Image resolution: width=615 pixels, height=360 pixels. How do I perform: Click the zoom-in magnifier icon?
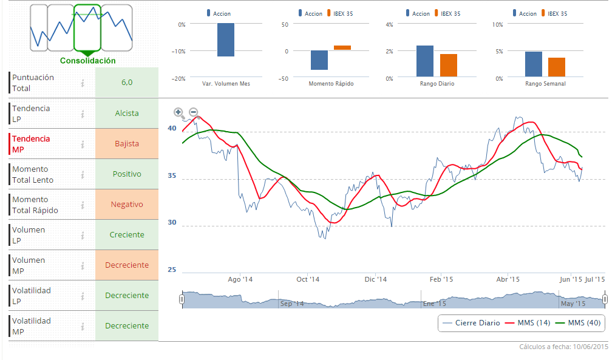pos(178,112)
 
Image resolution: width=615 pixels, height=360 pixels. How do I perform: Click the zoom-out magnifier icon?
pos(194,112)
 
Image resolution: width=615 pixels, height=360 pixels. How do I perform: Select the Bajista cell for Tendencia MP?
pos(127,144)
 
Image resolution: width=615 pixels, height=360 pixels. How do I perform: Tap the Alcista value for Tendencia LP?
pos(127,114)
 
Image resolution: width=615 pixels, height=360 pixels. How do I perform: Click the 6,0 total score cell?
pos(127,83)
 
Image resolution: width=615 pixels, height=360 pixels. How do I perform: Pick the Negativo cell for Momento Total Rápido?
pos(127,205)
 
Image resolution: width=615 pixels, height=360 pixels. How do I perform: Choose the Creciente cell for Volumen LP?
pos(127,235)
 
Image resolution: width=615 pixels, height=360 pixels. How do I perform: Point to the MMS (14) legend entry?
pos(528,323)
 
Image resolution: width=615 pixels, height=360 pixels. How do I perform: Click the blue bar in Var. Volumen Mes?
pos(226,40)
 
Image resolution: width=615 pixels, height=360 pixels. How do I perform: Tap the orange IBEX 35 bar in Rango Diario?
pos(449,65)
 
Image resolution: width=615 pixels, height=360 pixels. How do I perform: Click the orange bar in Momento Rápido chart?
pos(342,47)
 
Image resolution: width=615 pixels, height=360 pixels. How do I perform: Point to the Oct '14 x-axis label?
pos(308,280)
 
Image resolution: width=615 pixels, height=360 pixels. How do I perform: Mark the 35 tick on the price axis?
pos(172,176)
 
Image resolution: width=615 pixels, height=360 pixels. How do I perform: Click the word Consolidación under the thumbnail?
pos(88,61)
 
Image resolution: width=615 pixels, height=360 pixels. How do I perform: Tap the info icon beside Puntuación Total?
pos(83,83)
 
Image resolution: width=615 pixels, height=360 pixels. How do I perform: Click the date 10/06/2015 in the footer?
pos(590,347)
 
